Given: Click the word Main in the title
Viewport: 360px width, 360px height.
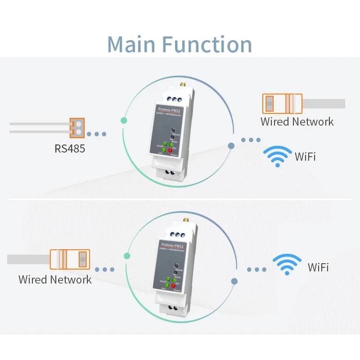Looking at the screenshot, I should [x=131, y=44].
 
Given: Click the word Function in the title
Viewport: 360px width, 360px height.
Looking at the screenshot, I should [x=207, y=44].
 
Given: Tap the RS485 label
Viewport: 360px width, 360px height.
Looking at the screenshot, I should [x=70, y=148].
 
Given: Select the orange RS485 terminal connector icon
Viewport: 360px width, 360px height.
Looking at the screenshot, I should [x=77, y=127].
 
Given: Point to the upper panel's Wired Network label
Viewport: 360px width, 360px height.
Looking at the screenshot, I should [x=297, y=121].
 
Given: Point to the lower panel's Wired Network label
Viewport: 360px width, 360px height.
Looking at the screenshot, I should [x=55, y=279].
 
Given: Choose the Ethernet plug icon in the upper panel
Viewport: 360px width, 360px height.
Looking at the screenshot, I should [x=282, y=103].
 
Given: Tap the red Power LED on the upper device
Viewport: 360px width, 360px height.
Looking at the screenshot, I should [x=171, y=150].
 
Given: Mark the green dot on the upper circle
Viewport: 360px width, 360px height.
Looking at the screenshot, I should [x=124, y=121].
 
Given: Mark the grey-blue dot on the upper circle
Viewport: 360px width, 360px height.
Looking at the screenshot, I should [x=231, y=146].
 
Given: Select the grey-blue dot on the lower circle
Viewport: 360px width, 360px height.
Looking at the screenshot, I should [x=234, y=281].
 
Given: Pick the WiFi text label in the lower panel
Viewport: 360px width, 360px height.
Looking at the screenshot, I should [x=318, y=267].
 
